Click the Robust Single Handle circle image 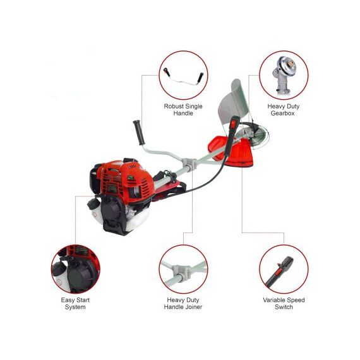pos(183,75)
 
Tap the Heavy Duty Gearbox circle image pos(284,75)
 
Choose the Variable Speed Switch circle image pos(284,268)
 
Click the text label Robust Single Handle pos(183,110)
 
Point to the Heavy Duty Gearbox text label pos(284,110)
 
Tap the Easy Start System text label pos(73,303)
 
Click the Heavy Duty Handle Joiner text pos(184,303)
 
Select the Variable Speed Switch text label pos(284,303)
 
